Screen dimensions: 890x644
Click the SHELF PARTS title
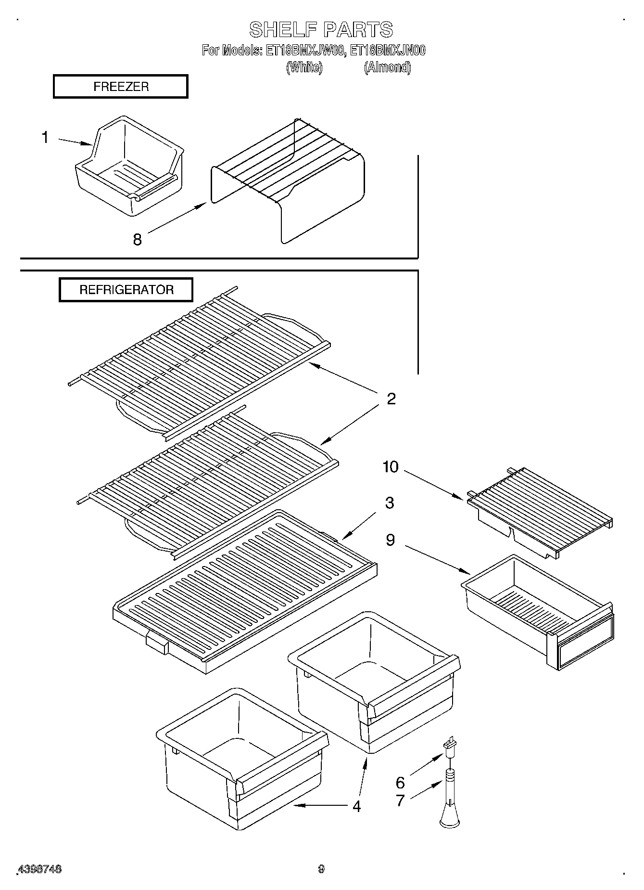tap(321, 29)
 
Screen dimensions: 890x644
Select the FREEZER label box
tap(120, 87)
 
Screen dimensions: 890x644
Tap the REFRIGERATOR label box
tap(126, 290)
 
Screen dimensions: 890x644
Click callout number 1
tap(45, 138)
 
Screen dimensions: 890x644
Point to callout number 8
tap(138, 239)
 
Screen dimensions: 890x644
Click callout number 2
tap(391, 399)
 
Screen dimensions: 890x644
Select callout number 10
tap(391, 466)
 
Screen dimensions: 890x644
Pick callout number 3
tap(390, 503)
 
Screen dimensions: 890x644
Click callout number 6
tap(400, 782)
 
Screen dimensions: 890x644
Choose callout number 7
tap(400, 800)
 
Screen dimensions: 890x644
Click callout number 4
tap(356, 806)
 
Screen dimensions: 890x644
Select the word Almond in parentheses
tap(387, 67)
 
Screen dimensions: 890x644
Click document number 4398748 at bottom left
tap(39, 869)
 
